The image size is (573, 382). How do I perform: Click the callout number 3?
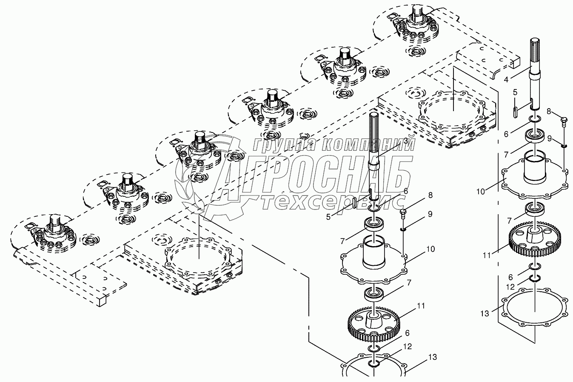pos(406,140)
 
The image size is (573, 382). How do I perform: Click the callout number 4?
pos(506,79)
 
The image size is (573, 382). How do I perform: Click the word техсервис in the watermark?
pos(332,204)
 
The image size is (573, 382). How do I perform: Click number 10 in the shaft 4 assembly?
pos(480,191)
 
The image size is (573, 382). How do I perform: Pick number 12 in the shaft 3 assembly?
pos(407,347)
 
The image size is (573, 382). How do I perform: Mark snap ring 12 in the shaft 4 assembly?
pos(535,279)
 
